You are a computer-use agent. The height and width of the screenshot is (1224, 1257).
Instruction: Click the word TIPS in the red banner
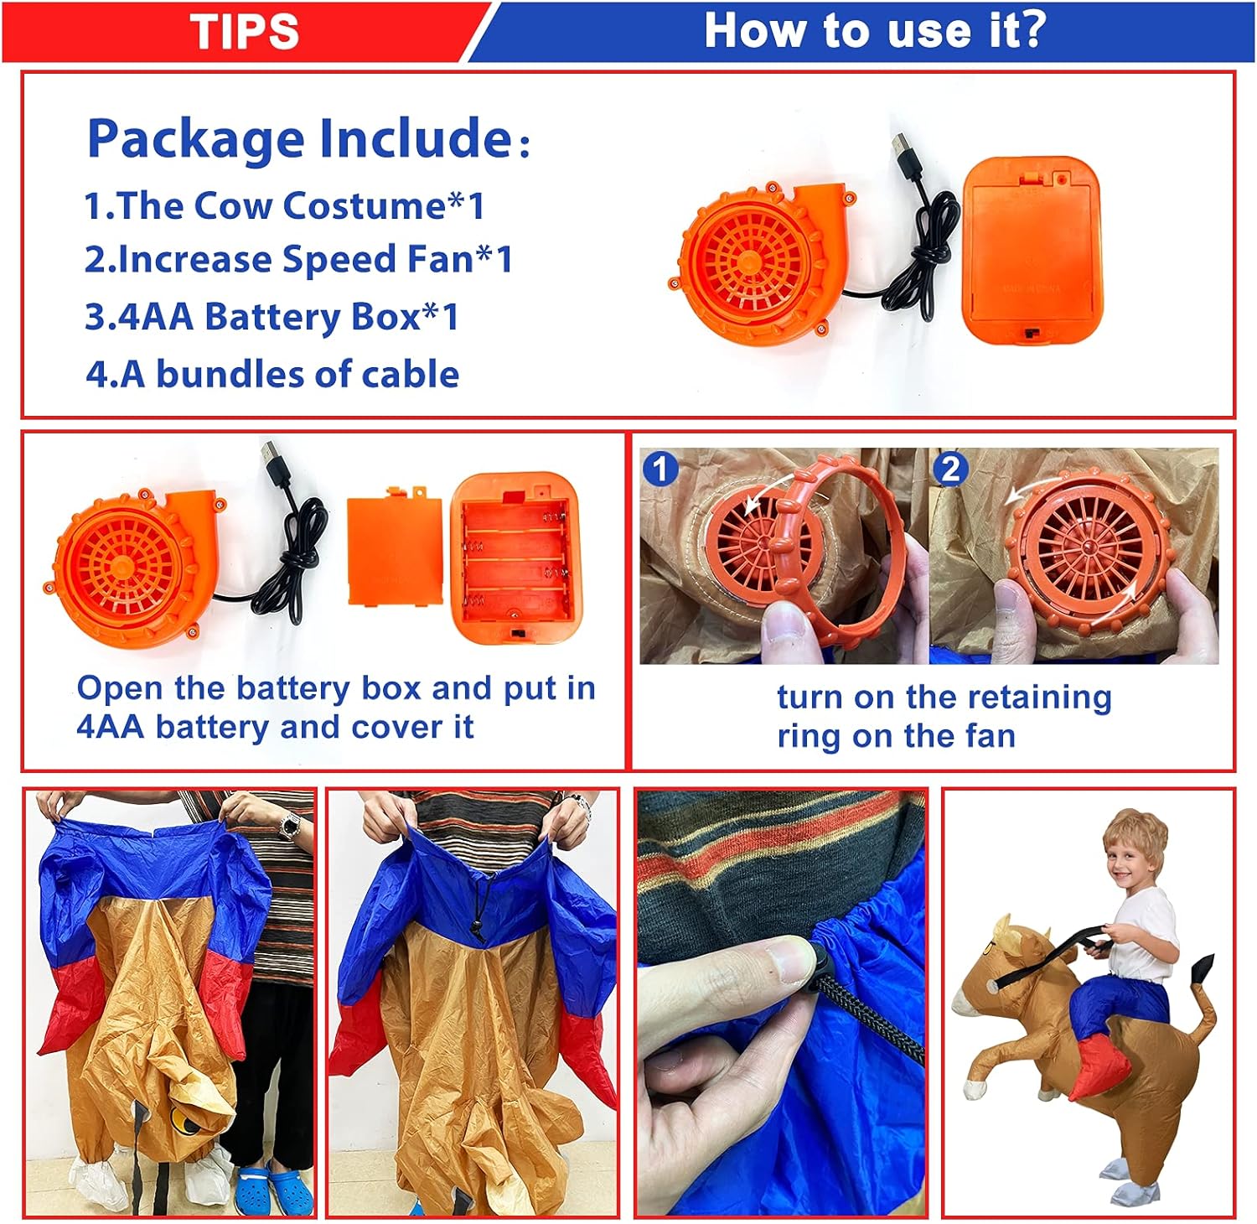244,31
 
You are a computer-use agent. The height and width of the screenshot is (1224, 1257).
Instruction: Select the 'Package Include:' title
308,138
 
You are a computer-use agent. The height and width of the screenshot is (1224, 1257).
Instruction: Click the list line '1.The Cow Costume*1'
285,205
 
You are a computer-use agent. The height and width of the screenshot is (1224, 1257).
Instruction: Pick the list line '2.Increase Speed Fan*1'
298,259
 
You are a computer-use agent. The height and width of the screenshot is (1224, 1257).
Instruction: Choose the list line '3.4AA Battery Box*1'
272,317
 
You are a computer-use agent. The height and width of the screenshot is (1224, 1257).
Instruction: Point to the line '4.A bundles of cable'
272,374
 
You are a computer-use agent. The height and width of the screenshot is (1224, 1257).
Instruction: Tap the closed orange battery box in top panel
1032,250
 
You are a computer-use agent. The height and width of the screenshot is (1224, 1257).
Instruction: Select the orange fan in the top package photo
758,260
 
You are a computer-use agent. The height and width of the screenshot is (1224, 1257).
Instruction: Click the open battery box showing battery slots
515,558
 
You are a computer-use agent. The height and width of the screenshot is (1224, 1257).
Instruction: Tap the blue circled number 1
660,469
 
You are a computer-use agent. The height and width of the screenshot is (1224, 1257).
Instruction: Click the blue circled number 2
950,469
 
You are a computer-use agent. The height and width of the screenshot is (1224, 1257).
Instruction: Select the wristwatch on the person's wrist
289,825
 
